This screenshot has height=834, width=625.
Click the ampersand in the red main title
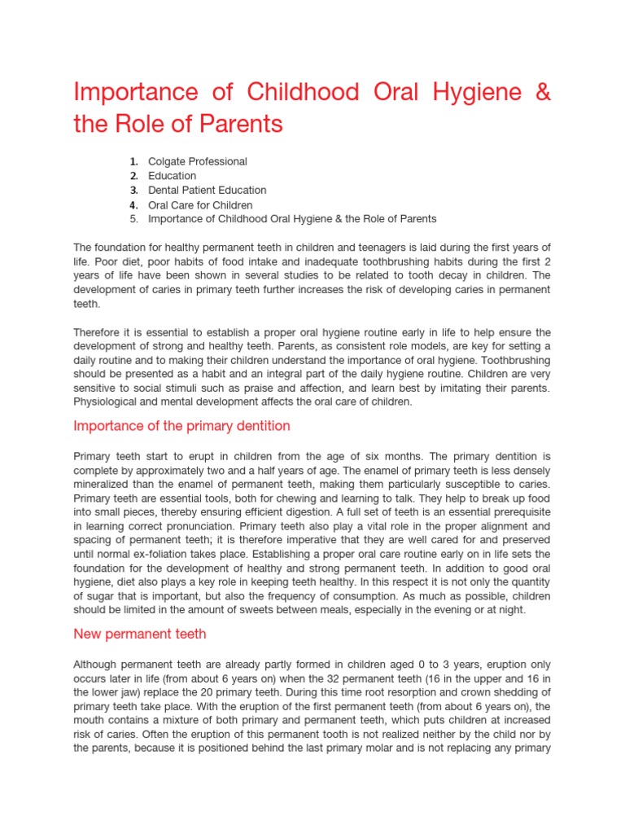click(x=542, y=92)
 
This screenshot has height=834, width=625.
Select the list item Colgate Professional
click(x=197, y=161)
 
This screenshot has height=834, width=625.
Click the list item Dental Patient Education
click(x=207, y=190)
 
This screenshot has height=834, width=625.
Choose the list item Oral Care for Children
click(x=200, y=204)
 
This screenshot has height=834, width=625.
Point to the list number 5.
click(x=133, y=218)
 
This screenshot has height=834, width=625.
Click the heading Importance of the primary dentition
click(x=181, y=426)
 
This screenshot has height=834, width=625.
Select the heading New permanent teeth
click(x=139, y=634)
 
